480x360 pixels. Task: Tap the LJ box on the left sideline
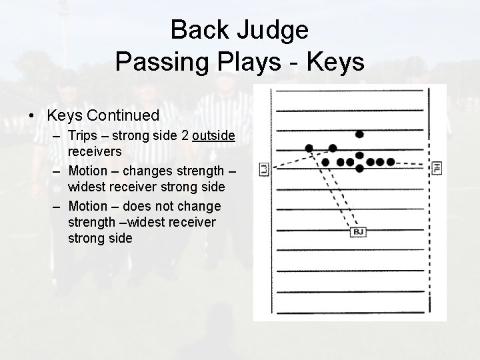264,170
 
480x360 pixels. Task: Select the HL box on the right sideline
437,168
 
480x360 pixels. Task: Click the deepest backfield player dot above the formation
359,134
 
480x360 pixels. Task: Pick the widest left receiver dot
309,148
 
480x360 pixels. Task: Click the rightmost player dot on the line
390,162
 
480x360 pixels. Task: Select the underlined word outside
213,135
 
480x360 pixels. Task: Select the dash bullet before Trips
59,135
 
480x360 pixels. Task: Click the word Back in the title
200,30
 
